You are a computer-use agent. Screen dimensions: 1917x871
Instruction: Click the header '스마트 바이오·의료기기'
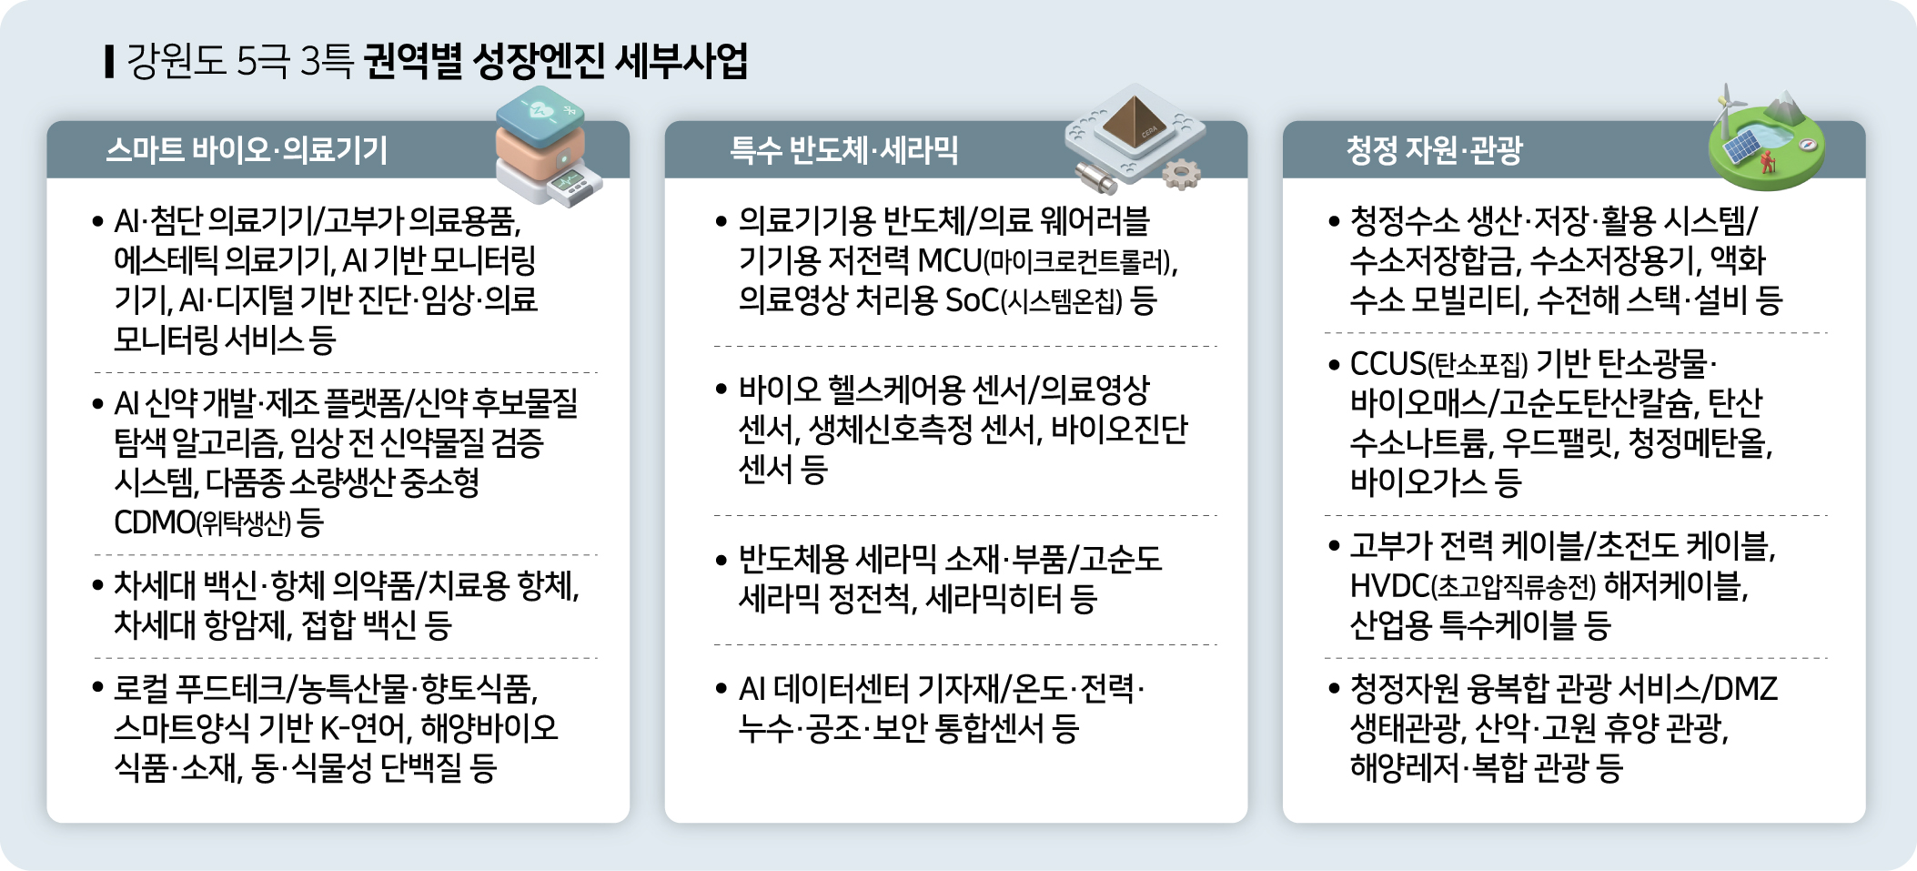tap(247, 150)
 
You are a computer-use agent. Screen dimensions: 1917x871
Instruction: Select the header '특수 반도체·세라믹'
tap(843, 150)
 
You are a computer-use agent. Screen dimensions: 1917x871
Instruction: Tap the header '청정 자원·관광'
tap(1435, 150)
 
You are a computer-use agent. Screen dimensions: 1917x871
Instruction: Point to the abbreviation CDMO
tap(154, 522)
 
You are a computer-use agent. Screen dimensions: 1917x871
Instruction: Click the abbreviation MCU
tap(949, 261)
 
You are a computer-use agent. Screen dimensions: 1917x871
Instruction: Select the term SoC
tap(973, 300)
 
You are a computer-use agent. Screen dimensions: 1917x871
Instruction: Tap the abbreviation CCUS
tap(1387, 364)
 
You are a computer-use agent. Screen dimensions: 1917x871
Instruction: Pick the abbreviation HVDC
tap(1390, 586)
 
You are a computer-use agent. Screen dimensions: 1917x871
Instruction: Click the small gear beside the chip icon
tap(1182, 173)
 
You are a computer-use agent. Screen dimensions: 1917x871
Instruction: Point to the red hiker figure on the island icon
tap(1768, 162)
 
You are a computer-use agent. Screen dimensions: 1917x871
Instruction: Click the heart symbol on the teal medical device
tap(540, 111)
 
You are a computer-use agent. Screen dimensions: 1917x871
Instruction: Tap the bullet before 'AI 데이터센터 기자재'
tap(721, 690)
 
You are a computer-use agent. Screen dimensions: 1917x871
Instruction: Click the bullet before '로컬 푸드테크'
tap(98, 688)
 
